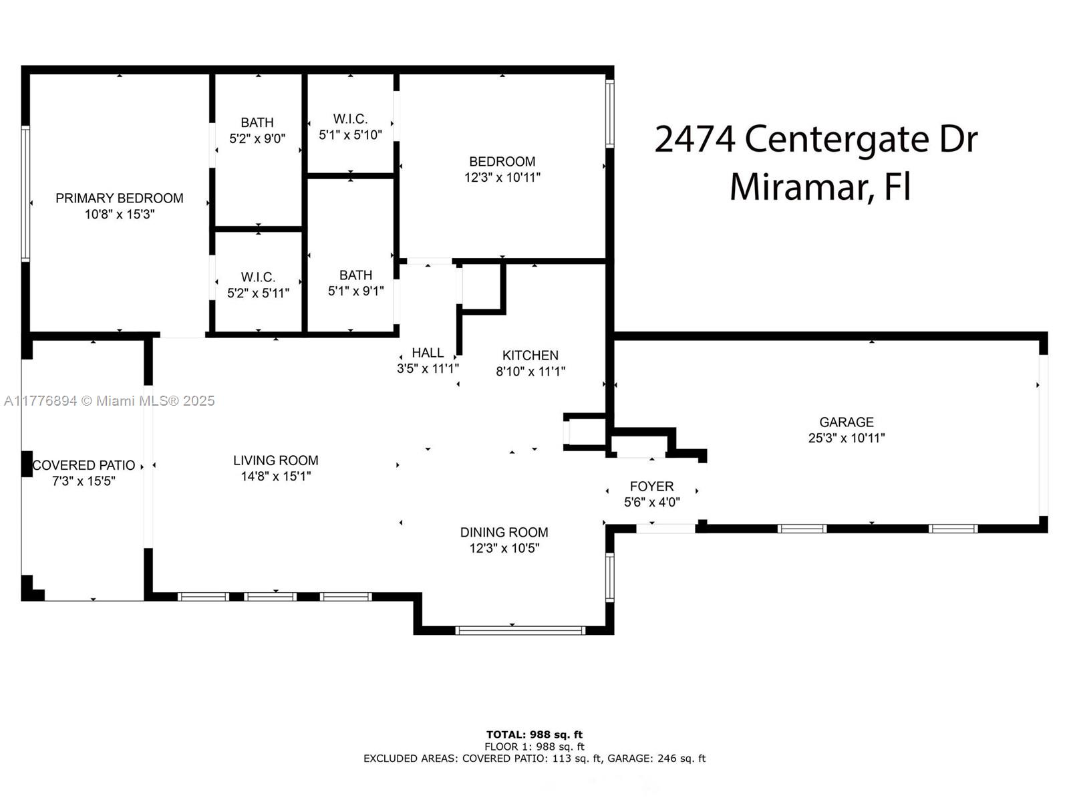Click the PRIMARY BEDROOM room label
[120, 198]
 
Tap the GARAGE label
[847, 422]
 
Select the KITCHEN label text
[530, 356]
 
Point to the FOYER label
[651, 487]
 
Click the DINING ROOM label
[504, 532]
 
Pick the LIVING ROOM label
[276, 460]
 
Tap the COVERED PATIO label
[84, 466]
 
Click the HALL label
[428, 353]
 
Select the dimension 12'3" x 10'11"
[502, 178]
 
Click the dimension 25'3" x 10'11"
[847, 438]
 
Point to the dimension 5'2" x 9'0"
[257, 139]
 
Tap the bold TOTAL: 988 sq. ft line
[534, 734]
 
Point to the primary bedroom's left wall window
[25, 194]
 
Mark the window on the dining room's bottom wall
[520, 631]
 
